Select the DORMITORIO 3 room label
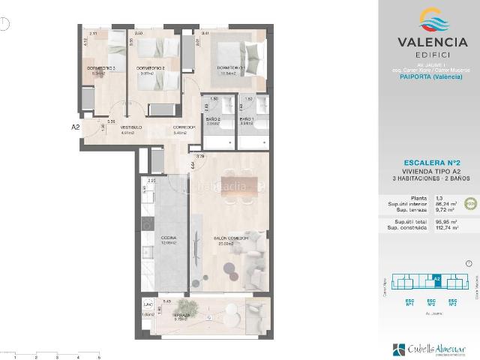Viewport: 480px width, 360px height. click(x=103, y=68)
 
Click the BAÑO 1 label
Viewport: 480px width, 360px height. click(x=247, y=120)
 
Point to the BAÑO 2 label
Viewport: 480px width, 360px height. click(x=213, y=120)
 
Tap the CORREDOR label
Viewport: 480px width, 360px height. click(x=184, y=127)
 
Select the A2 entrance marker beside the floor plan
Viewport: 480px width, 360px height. click(x=76, y=127)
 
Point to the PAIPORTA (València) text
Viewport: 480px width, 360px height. click(x=428, y=84)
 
